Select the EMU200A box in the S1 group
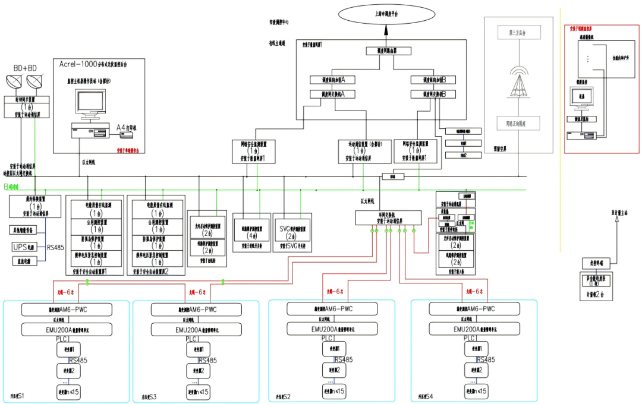click(58, 329)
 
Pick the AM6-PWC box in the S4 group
click(474, 309)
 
